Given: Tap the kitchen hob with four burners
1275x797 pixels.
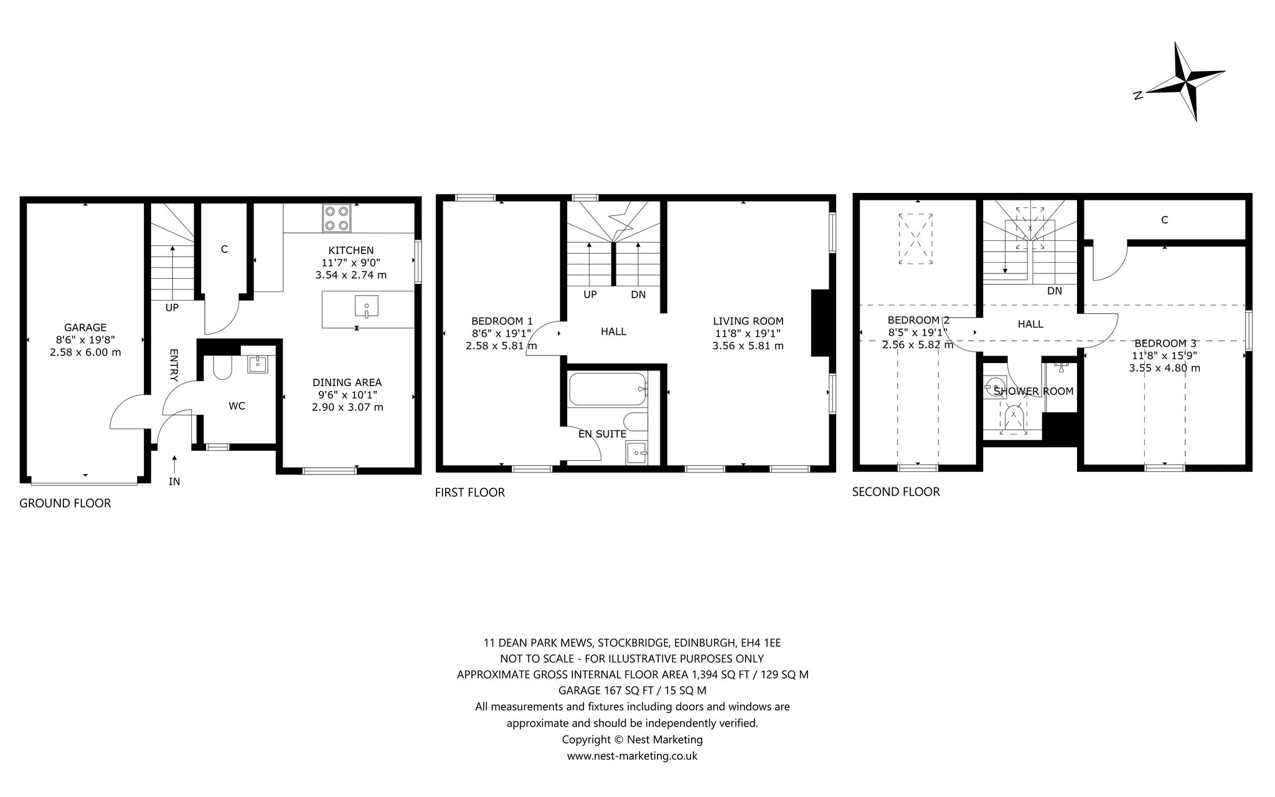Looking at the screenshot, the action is (x=336, y=218).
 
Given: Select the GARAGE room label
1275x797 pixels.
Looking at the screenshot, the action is (x=85, y=328).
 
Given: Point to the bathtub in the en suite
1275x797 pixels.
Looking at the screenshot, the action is (x=608, y=389).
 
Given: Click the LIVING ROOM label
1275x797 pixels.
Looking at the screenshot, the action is (x=748, y=321).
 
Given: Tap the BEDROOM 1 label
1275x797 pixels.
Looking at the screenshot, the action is (x=502, y=321).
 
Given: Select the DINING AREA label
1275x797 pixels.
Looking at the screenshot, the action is (x=347, y=382).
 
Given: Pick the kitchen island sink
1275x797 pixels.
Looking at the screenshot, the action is (x=367, y=308).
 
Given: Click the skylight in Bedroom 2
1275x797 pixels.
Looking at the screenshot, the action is (x=916, y=239).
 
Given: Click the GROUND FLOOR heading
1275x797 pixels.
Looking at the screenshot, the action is (x=65, y=503).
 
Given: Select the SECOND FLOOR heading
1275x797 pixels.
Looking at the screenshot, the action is (x=896, y=492).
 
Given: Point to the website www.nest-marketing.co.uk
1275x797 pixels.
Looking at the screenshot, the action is (x=632, y=756).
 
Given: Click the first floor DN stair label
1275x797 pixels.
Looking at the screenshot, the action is (x=638, y=295).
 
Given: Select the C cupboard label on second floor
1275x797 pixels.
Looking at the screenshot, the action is (x=1164, y=220).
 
